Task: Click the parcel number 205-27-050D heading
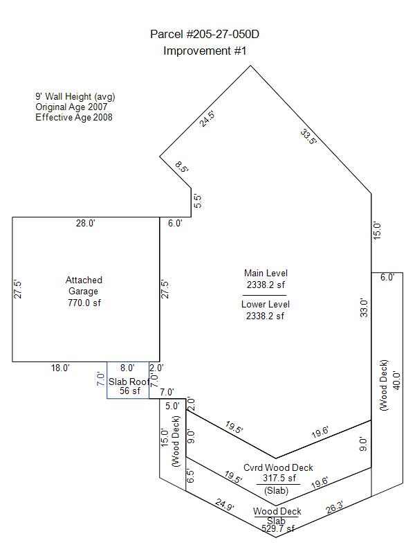205,34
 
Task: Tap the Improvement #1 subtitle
205,51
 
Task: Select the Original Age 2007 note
71,107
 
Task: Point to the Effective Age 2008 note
74,117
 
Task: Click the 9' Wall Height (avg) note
75,96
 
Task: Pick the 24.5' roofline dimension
207,118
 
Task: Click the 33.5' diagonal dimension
308,136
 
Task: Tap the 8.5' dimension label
182,167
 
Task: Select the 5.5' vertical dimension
198,202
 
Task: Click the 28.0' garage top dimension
86,223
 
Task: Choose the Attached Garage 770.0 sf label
84,291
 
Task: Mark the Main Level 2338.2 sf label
266,279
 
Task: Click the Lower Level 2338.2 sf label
265,310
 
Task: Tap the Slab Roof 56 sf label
129,386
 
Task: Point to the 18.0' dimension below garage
60,368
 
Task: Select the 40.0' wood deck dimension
396,381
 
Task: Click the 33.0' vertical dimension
364,307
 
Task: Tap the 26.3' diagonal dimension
334,508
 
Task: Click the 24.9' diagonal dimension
225,504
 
